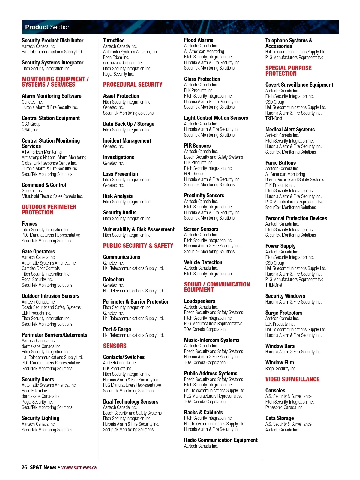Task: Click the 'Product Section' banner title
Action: coord(48,27)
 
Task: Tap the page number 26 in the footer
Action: coord(24,467)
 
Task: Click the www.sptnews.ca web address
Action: coord(79,467)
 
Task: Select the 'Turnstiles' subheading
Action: coord(114,40)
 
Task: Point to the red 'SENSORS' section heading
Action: coord(115,346)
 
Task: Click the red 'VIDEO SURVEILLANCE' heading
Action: coord(292,379)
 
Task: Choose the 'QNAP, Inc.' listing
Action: coord(30,130)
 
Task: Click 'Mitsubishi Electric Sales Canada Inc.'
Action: coord(52,196)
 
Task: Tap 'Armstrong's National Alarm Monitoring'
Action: coord(54,157)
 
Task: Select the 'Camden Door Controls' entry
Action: coord(41,268)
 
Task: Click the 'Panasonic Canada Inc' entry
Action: coord(284,407)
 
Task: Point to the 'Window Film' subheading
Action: coord(280,362)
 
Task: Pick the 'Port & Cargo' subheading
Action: coord(117,329)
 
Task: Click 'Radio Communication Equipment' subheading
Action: coord(221,440)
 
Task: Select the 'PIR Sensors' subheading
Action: coord(197,145)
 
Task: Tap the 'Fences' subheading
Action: coord(29,223)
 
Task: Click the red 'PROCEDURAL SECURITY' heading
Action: coord(133,85)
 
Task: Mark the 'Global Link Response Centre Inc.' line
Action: coord(49,163)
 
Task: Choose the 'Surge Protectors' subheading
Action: coord(284,313)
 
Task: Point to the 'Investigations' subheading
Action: coord(118,157)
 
